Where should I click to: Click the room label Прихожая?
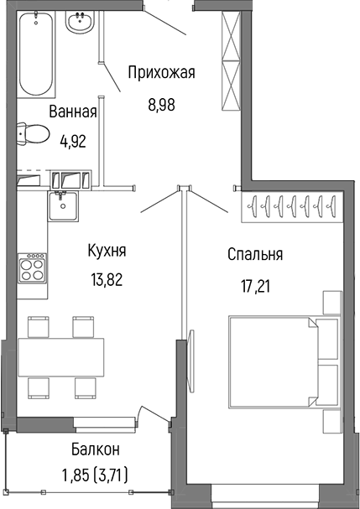[x=161, y=73]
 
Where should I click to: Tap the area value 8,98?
[x=161, y=105]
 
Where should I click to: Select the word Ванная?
[x=73, y=112]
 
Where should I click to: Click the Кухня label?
[x=107, y=250]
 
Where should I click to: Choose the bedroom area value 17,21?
[x=255, y=286]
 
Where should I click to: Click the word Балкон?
[x=95, y=449]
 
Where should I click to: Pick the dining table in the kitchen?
[x=60, y=357]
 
